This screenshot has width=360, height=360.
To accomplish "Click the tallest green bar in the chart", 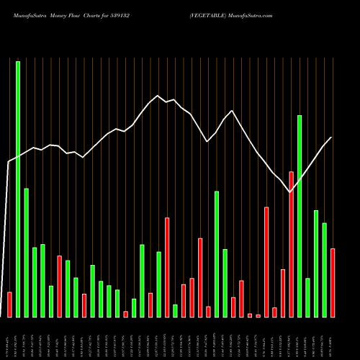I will tap(18, 189).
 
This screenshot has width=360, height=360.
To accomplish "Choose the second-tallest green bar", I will tap(300, 216).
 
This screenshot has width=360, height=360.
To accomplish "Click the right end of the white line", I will tap(332, 137).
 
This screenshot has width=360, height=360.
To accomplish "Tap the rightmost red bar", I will tap(332, 282).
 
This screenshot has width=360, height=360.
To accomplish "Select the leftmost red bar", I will tap(9, 304).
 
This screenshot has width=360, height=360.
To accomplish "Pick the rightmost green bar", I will tap(324, 270).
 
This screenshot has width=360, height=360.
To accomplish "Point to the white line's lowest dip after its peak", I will tap(290, 192).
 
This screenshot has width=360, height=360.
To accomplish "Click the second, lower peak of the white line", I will tap(232, 110).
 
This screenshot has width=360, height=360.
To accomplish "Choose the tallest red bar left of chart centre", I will tap(167, 267).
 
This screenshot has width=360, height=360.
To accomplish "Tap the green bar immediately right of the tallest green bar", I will tap(27, 252).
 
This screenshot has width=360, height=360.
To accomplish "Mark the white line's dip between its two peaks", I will tap(207, 142).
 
